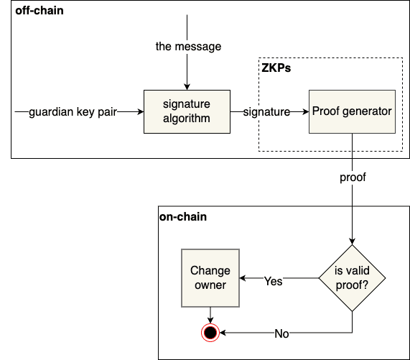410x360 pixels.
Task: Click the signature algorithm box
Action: (x=186, y=111)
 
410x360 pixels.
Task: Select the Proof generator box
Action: (x=352, y=111)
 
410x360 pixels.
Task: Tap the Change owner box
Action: (x=210, y=278)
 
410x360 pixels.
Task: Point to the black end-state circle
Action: (x=210, y=333)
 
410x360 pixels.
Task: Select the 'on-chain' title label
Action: (x=183, y=216)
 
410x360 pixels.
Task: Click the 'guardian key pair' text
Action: (x=73, y=112)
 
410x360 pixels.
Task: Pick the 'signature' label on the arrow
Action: (x=266, y=112)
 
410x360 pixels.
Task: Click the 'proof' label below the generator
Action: (x=353, y=177)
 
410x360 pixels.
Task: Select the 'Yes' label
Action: (x=273, y=281)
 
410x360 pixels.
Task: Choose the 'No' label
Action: (x=282, y=334)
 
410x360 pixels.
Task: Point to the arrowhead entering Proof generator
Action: (x=305, y=112)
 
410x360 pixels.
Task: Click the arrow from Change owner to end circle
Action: (x=210, y=313)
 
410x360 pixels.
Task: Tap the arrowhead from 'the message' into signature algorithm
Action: (x=186, y=86)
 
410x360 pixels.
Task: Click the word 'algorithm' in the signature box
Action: (x=186, y=118)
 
